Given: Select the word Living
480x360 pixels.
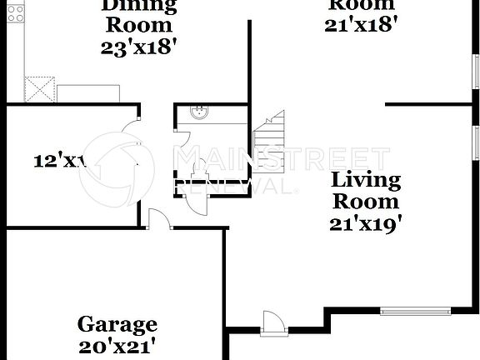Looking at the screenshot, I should click(x=366, y=179).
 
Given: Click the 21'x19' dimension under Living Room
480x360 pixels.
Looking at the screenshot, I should click(x=366, y=222).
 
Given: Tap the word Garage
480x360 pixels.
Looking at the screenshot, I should click(x=117, y=324).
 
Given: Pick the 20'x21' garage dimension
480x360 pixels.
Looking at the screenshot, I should click(x=117, y=344).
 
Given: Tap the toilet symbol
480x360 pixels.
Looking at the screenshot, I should click(x=198, y=174).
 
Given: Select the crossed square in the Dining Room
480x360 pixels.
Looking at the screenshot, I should click(x=39, y=88).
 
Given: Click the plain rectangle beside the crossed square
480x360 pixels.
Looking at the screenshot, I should click(x=87, y=93).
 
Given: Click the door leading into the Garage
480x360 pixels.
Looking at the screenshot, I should click(x=159, y=218).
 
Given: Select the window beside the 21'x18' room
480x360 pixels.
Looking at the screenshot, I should click(x=476, y=70).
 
